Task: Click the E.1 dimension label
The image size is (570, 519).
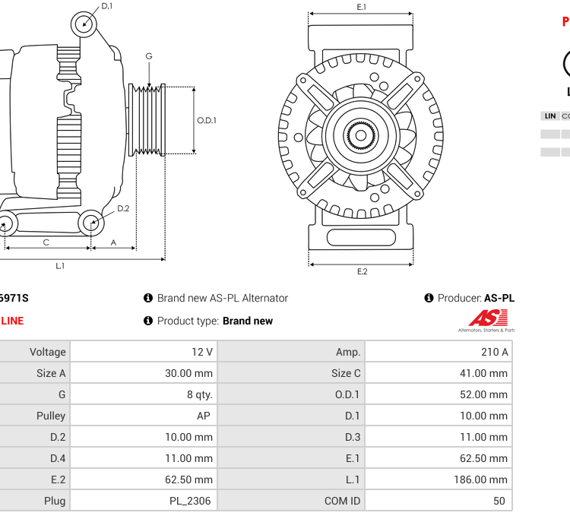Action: click(x=362, y=7)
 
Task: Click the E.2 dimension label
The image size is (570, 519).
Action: click(x=362, y=271)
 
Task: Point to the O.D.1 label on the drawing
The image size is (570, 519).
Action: click(x=207, y=120)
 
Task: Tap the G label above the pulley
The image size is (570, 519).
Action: click(x=149, y=56)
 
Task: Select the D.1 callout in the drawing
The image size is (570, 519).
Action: click(x=107, y=6)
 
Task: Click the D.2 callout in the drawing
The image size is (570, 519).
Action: click(x=122, y=208)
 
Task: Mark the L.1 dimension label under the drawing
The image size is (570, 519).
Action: click(x=60, y=266)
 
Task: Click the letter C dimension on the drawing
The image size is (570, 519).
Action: click(x=46, y=242)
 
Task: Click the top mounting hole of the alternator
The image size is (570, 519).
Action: click(x=84, y=24)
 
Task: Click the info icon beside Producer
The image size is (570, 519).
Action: click(x=429, y=298)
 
